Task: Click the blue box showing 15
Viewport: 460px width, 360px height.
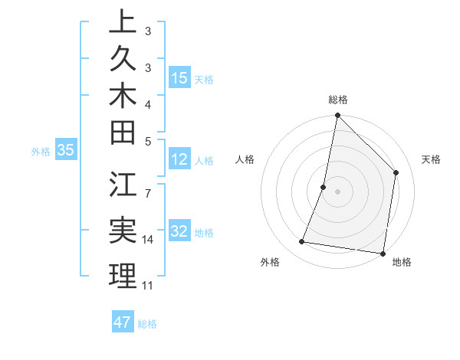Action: pyautogui.click(x=179, y=77)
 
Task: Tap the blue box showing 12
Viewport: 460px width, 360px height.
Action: pyautogui.click(x=179, y=159)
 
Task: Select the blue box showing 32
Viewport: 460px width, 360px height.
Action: pyautogui.click(x=179, y=231)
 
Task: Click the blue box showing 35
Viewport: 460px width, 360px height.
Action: pyautogui.click(x=66, y=150)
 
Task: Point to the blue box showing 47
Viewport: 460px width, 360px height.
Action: pyautogui.click(x=123, y=322)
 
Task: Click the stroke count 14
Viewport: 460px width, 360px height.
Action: pyautogui.click(x=148, y=240)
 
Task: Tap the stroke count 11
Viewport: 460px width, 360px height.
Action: pyautogui.click(x=148, y=286)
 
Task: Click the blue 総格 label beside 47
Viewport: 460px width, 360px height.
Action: pyautogui.click(x=147, y=324)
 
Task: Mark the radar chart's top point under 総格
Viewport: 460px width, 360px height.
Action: pyautogui.click(x=337, y=116)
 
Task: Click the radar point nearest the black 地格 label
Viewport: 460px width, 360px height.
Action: pyautogui.click(x=382, y=253)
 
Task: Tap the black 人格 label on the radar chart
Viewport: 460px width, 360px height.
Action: pyautogui.click(x=245, y=159)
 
